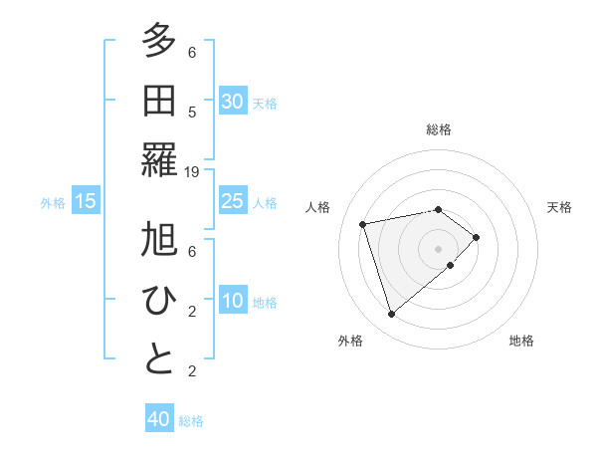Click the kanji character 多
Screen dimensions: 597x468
[159, 41]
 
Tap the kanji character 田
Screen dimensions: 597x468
[159, 101]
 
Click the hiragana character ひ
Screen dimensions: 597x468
[159, 300]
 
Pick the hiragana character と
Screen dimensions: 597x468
[159, 359]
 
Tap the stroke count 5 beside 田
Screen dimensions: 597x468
[192, 112]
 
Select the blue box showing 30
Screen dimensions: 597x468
[232, 102]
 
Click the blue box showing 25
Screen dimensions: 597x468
[232, 201]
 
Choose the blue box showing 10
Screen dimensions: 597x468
[232, 301]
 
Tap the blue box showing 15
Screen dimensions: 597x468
[86, 201]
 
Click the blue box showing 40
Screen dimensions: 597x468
[159, 419]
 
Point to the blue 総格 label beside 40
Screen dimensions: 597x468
[191, 421]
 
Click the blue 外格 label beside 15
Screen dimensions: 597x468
[53, 203]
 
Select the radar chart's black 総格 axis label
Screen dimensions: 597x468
[439, 129]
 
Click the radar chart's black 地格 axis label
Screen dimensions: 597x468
[521, 341]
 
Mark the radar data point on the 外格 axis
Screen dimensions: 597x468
[392, 315]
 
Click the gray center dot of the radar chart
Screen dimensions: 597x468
[438, 247]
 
